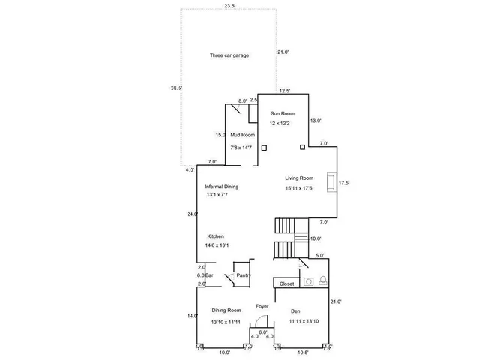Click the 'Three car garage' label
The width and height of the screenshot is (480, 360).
[x=229, y=55]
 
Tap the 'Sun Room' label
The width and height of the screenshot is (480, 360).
[x=282, y=113]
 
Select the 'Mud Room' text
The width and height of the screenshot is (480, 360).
[x=242, y=135]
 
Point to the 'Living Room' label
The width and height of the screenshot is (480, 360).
[x=298, y=178]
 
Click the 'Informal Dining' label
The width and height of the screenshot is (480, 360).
[x=222, y=187]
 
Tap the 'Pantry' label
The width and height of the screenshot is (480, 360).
[x=243, y=275]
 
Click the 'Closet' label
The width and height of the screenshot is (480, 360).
[x=287, y=284]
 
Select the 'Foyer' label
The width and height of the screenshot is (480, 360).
[x=262, y=306]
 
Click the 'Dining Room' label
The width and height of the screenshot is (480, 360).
[x=226, y=310]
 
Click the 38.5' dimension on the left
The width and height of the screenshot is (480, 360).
[x=177, y=88]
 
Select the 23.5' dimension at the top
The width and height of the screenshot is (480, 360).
[x=229, y=6]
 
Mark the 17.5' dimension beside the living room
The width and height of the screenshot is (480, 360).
[x=345, y=182]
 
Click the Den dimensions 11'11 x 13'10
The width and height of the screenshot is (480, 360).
[x=303, y=321]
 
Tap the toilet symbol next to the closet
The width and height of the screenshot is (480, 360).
[x=322, y=282]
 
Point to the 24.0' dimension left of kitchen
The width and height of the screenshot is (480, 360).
[x=192, y=214]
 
